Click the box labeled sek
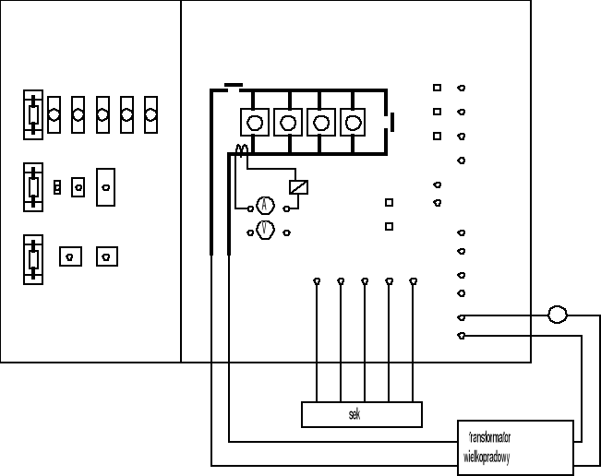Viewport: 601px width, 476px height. click(x=361, y=415)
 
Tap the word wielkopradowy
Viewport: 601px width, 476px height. click(x=487, y=457)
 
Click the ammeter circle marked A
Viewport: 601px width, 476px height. click(x=264, y=206)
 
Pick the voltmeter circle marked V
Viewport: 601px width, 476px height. click(x=264, y=230)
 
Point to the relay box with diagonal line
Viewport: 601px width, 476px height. click(x=298, y=186)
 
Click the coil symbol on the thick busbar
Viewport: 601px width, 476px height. click(x=243, y=150)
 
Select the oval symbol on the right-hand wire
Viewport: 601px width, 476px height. click(x=558, y=315)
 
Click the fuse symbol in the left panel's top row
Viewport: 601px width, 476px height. click(x=33, y=115)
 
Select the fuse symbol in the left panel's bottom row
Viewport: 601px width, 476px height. click(x=33, y=256)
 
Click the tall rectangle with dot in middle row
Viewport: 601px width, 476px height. click(x=105, y=186)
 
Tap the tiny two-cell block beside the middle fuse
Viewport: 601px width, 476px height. click(x=57, y=187)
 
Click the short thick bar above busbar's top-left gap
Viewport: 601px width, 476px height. click(x=234, y=85)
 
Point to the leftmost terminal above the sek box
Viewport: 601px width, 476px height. click(x=317, y=280)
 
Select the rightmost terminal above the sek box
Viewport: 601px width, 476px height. click(x=413, y=280)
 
